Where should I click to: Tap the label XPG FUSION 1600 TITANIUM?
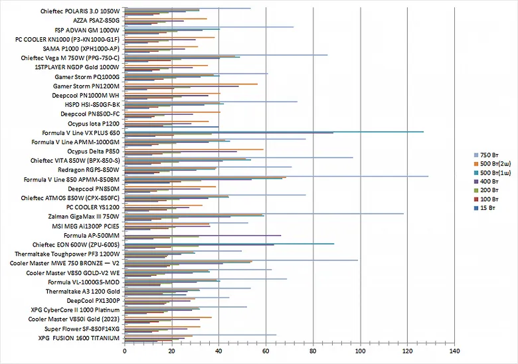(78, 338)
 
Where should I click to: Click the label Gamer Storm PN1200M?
(86, 86)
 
